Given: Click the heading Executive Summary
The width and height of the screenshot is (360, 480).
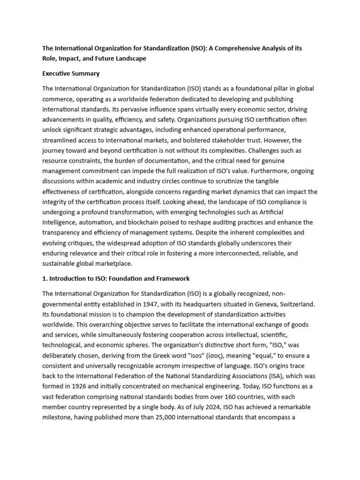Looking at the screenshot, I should pos(71,74).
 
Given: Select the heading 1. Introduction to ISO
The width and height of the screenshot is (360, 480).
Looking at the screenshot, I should pos(116,278).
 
